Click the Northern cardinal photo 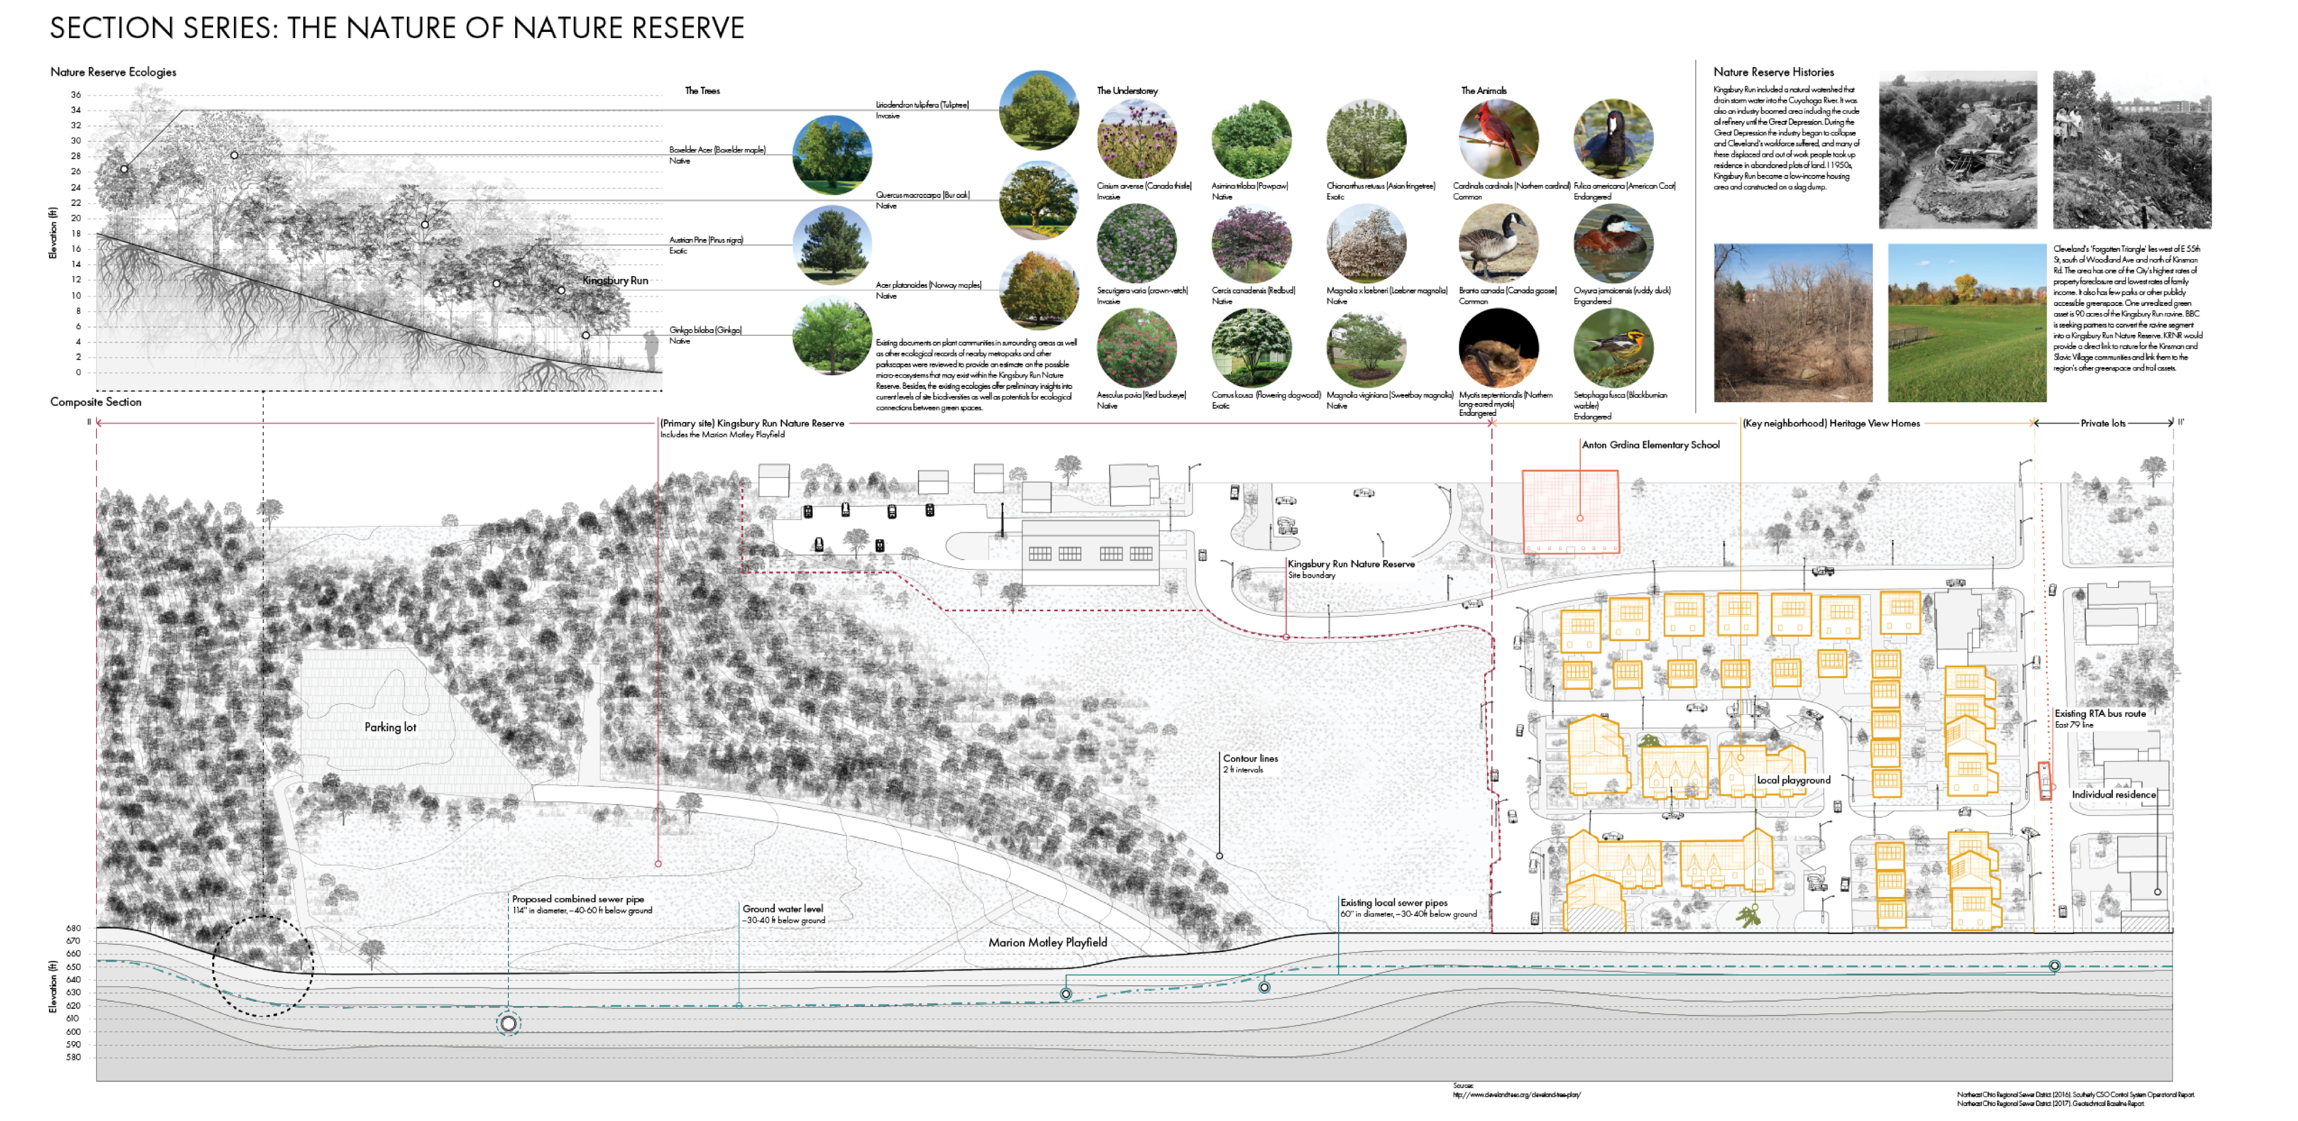[1499, 138]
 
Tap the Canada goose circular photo [1499, 243]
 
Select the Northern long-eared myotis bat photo [1499, 348]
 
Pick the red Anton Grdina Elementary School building [1570, 511]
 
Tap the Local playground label [1793, 780]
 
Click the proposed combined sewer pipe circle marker [509, 1024]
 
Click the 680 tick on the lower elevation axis [73, 928]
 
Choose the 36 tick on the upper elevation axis [76, 95]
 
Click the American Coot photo [1613, 138]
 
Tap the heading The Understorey [1127, 91]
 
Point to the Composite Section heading [95, 402]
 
